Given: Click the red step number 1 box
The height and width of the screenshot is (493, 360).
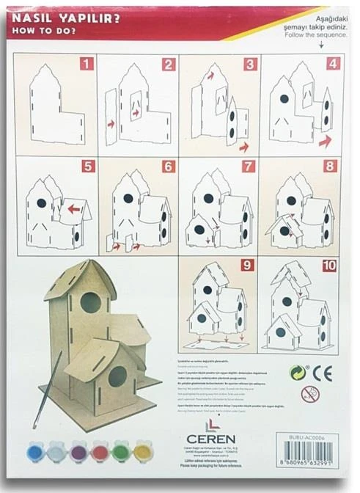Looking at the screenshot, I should tap(87, 64).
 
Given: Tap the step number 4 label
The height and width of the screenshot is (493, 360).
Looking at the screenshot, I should tap(334, 64).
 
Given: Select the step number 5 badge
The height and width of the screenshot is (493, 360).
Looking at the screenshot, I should tap(88, 167).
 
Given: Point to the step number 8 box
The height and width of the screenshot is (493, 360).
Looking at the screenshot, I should tap(330, 167).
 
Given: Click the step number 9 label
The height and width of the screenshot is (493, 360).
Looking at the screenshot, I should tap(248, 263).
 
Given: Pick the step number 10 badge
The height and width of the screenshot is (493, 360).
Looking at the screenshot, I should tap(329, 263).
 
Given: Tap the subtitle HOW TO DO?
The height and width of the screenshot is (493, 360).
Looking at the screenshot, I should tap(40, 32).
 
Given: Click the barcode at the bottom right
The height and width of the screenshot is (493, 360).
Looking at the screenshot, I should tap(309, 456).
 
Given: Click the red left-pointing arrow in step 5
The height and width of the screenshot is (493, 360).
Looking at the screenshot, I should tap(74, 208).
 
